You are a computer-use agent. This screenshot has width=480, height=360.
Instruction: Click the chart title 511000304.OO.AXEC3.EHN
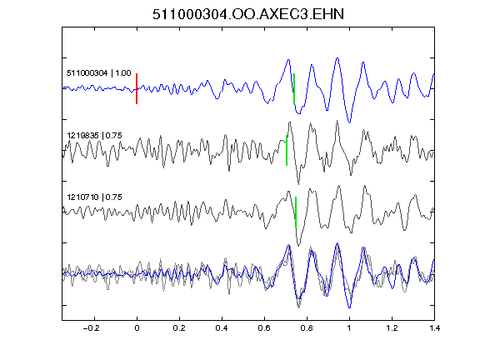click(x=248, y=14)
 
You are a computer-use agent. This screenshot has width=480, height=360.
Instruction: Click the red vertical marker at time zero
click(x=137, y=89)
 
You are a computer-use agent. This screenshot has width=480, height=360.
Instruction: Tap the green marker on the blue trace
click(x=294, y=89)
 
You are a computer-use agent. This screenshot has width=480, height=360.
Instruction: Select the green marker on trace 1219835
click(x=287, y=150)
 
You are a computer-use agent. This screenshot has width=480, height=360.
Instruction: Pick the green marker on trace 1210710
click(x=296, y=212)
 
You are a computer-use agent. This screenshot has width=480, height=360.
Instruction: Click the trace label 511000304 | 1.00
click(x=99, y=73)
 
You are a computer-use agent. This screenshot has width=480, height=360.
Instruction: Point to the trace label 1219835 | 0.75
click(x=95, y=135)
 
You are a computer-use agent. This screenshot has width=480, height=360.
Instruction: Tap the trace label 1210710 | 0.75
click(x=95, y=197)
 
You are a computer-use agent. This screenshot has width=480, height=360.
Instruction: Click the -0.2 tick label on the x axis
click(x=92, y=328)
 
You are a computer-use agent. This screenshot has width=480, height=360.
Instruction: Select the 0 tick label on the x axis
click(x=137, y=328)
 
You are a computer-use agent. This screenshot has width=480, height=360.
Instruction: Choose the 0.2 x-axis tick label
click(x=179, y=328)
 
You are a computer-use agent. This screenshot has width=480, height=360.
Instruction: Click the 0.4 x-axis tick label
click(x=222, y=328)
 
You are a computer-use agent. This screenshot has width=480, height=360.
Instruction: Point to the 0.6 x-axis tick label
click(x=264, y=328)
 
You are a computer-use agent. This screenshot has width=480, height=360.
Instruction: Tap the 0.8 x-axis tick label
click(x=307, y=328)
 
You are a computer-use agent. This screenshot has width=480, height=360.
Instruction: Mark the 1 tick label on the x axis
click(x=349, y=328)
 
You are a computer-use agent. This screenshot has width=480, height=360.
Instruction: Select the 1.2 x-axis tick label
click(x=392, y=328)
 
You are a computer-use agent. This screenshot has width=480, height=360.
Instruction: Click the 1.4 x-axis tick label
click(x=434, y=328)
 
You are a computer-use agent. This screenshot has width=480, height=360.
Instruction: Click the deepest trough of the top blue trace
click(x=350, y=122)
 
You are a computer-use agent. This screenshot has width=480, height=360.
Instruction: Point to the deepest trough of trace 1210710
click(x=298, y=246)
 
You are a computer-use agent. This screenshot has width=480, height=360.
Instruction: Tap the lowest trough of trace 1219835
click(x=298, y=183)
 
